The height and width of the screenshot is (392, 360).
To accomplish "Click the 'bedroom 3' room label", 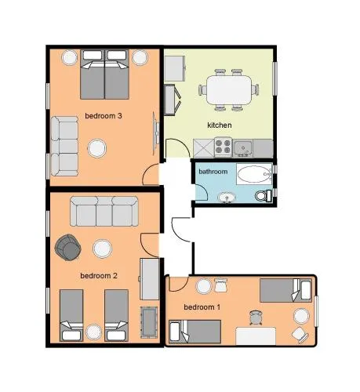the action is pyautogui.click(x=104, y=116).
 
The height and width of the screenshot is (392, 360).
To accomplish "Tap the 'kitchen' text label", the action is pyautogui.click(x=220, y=125).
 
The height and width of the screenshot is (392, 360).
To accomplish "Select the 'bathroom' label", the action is pyautogui.click(x=213, y=172).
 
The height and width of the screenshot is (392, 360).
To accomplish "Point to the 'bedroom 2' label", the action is pyautogui.click(x=99, y=276).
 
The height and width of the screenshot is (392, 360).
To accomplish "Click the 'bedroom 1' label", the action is pyautogui.click(x=202, y=307).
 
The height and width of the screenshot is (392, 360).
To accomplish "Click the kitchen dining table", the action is pyautogui.click(x=229, y=89).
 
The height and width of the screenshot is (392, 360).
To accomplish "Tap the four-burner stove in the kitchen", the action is pyautogui.click(x=223, y=147).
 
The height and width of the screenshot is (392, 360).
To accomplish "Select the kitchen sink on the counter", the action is pyautogui.click(x=243, y=148).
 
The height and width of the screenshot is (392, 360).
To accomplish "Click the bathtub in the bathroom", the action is pyautogui.click(x=254, y=174).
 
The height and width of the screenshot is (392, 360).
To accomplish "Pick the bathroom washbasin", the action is pyautogui.click(x=227, y=198).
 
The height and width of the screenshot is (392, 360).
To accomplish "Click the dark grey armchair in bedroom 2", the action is pyautogui.click(x=68, y=247).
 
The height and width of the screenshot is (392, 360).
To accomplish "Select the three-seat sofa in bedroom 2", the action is pyautogui.click(x=104, y=211).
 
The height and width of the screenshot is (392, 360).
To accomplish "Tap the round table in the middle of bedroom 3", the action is pyautogui.click(x=96, y=148).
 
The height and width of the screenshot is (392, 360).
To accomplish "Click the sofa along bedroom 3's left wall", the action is pyautogui.click(x=64, y=146).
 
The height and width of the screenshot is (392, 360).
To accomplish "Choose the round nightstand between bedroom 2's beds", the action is pyautogui.click(x=93, y=332).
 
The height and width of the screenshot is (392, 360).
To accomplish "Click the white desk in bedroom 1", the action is pyautogui.click(x=256, y=336).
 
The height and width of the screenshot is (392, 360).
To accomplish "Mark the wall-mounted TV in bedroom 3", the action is pyautogui.click(x=156, y=133).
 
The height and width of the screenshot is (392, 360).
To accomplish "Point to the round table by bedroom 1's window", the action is pyautogui.click(x=301, y=316).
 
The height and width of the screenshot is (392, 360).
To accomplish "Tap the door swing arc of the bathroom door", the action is pyautogui.click(x=205, y=189).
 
